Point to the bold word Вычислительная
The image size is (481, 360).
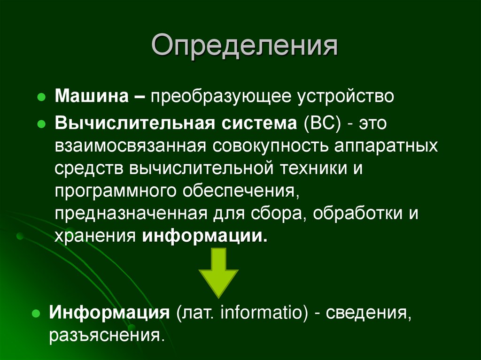tap(132, 123)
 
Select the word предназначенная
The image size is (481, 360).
tap(131, 213)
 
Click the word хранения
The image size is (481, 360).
tap(95, 235)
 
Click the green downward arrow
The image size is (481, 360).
tap(218, 272)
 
